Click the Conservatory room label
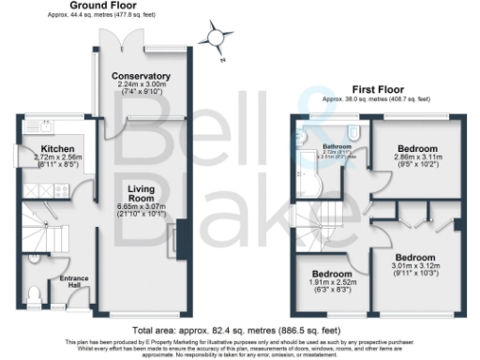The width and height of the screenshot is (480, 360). [x=141, y=76]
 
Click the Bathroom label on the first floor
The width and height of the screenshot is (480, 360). [x=337, y=147]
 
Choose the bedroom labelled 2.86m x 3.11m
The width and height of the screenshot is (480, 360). [x=418, y=149]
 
